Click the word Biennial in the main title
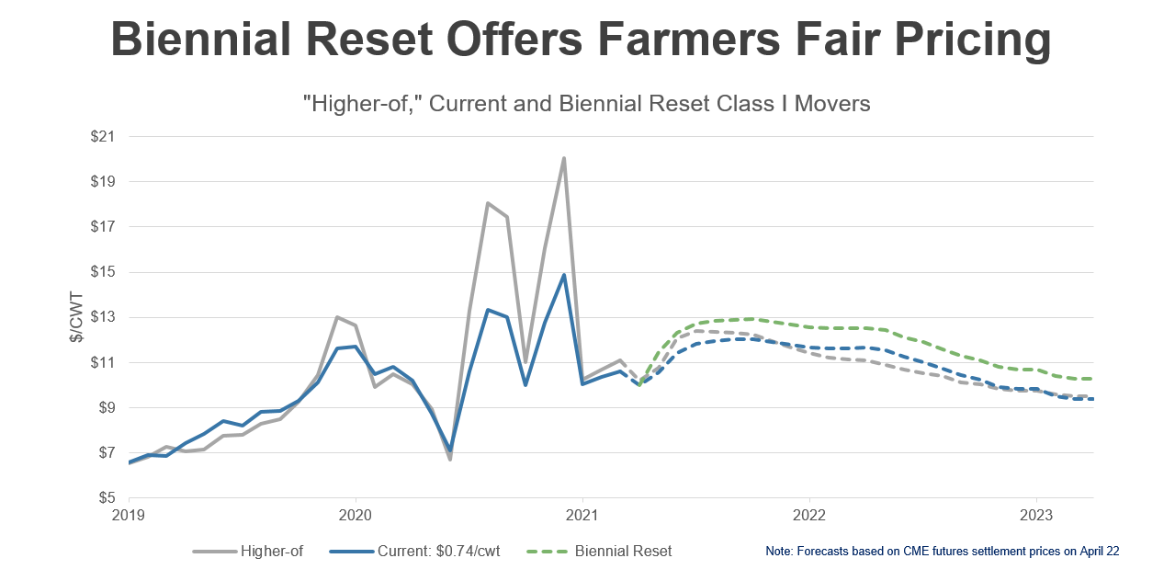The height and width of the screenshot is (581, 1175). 201,40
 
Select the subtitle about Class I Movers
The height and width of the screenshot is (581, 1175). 587,103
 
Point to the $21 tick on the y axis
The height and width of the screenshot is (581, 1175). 103,136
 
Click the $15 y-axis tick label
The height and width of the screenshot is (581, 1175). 103,272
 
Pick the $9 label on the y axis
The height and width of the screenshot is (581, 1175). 107,407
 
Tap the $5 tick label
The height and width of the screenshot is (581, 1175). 107,497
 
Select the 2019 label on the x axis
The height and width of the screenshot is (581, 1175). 129,516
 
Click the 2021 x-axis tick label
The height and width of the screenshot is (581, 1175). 582,516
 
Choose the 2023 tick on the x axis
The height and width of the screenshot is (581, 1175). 1036,516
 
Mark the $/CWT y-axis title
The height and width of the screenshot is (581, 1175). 76,317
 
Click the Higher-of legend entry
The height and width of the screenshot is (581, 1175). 248,551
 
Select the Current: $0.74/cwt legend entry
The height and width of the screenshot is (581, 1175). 415,551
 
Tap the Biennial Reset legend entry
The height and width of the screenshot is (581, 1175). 599,551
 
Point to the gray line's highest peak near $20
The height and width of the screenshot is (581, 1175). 563,158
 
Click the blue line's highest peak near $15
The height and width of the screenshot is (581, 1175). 564,275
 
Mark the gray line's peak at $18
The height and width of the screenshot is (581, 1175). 488,202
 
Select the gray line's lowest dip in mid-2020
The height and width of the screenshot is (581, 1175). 450,460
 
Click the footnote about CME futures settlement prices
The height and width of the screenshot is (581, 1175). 942,551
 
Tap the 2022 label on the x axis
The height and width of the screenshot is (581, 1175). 809,516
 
